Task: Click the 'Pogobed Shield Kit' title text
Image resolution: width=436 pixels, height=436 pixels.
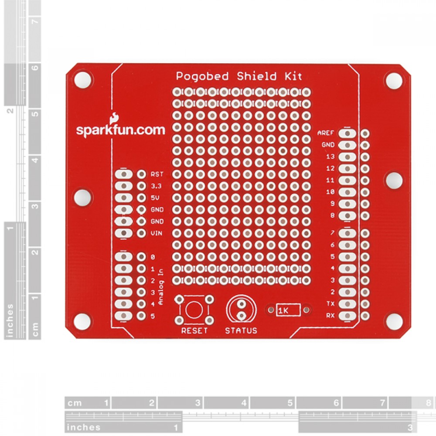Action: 239,76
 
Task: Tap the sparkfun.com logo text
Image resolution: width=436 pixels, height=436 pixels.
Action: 120,130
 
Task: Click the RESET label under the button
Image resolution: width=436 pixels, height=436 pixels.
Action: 194,330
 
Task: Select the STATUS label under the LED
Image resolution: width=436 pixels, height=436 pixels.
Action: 241,330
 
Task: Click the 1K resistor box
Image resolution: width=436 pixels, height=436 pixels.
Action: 288,310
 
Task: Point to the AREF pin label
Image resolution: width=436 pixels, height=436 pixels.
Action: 325,133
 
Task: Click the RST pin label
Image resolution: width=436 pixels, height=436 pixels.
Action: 157,174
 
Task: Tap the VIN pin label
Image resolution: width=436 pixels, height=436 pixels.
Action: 157,233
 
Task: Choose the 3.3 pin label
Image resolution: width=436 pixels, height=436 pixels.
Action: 156,186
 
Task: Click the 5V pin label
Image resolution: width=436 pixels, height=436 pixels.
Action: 155,198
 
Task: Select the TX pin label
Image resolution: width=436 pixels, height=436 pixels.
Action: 330,303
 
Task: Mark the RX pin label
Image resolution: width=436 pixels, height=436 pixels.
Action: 330,316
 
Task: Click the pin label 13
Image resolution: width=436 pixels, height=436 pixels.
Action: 330,157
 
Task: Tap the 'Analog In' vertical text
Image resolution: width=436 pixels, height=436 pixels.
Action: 161,287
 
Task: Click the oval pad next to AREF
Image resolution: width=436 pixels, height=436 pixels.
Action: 347,133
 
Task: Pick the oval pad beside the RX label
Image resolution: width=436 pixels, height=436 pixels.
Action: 347,316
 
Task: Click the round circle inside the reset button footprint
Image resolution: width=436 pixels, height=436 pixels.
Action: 194,310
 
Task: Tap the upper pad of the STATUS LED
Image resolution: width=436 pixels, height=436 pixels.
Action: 242,304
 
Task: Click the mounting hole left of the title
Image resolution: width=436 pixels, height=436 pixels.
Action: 82,80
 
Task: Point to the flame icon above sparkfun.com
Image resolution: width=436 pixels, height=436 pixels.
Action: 114,118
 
